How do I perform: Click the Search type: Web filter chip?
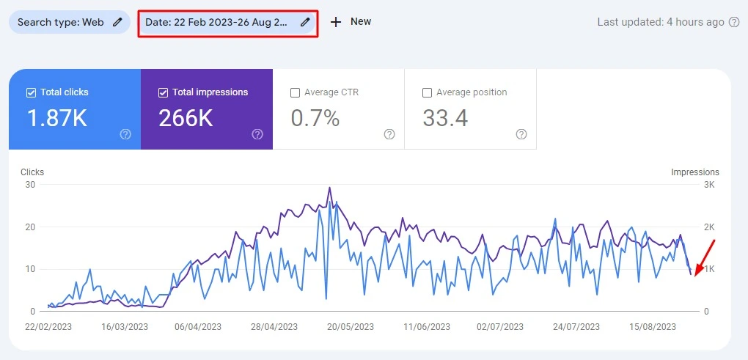[69, 22]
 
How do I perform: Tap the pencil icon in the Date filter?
[305, 22]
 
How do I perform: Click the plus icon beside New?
[336, 22]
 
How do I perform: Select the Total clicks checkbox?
[31, 92]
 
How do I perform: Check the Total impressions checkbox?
[163, 92]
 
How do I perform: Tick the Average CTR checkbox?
[295, 92]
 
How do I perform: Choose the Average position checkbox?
[427, 92]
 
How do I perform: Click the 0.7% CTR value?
[315, 118]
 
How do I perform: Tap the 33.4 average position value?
[445, 118]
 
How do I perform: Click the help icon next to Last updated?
[734, 22]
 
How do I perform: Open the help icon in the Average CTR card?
[389, 134]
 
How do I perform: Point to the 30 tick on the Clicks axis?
[30, 185]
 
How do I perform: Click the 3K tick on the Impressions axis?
[709, 185]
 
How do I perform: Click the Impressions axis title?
[694, 172]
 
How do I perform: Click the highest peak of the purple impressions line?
[329, 188]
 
